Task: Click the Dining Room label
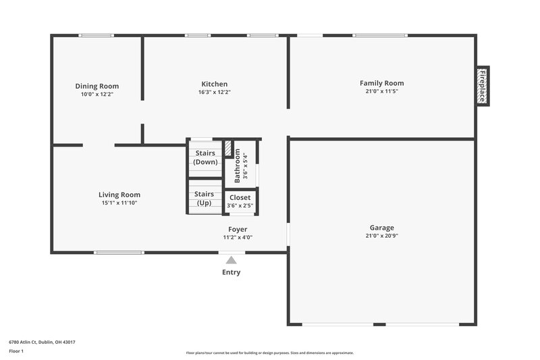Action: click(97, 86)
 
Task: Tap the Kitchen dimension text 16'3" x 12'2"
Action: click(214, 93)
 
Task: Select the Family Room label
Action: click(381, 83)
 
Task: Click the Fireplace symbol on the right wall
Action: click(483, 86)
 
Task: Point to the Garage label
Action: click(381, 228)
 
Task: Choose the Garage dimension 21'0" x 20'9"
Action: click(381, 236)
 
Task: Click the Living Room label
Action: click(119, 195)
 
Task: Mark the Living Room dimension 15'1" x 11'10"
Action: click(119, 203)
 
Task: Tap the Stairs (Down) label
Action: click(205, 158)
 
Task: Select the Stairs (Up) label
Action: click(204, 198)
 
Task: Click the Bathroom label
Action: click(238, 165)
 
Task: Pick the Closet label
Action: click(240, 198)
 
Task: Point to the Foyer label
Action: click(238, 230)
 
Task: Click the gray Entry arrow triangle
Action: click(232, 259)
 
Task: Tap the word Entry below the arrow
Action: click(232, 273)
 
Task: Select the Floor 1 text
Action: click(17, 352)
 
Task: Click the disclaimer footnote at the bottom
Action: click(270, 353)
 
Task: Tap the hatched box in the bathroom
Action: click(228, 148)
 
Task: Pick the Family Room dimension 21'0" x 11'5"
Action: click(381, 91)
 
